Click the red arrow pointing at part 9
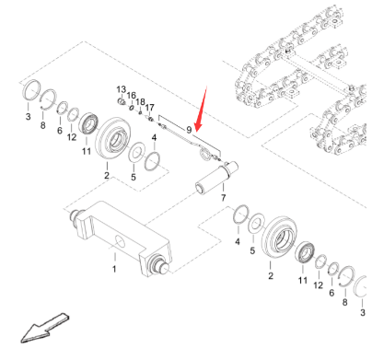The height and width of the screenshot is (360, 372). point(202,109)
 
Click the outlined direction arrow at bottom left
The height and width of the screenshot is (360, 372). point(44,328)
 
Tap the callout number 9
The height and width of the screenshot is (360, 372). point(189,130)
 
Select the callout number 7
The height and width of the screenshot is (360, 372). point(224,197)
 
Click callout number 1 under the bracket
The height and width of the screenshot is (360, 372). point(114,269)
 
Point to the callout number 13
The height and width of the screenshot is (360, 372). point(122,89)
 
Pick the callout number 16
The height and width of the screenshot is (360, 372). point(132,96)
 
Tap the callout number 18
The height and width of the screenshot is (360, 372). point(140,102)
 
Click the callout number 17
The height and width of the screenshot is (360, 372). point(149,108)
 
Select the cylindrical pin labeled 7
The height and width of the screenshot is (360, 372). point(217,178)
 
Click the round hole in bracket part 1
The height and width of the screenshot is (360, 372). point(120,241)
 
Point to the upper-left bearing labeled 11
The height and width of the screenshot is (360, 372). point(88,124)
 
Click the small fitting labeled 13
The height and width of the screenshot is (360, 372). point(121,100)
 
